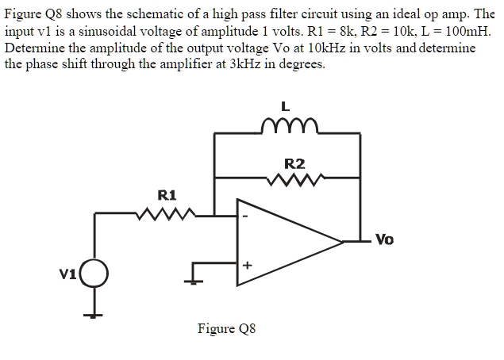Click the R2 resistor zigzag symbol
pyautogui.click(x=294, y=182)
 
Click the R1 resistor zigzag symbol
pyautogui.click(x=167, y=213)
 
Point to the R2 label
pyautogui.click(x=294, y=164)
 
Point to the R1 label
pyautogui.click(x=167, y=194)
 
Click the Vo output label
pyautogui.click(x=384, y=239)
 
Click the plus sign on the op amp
pyautogui.click(x=246, y=266)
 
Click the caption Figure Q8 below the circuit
pyautogui.click(x=227, y=329)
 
